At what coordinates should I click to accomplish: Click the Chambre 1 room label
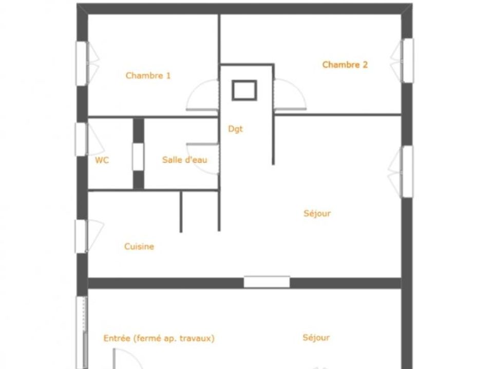click(148, 76)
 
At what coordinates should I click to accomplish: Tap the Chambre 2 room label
click(345, 65)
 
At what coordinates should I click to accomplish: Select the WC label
click(102, 160)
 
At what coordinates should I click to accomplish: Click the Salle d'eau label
click(184, 160)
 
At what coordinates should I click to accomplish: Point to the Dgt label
click(236, 129)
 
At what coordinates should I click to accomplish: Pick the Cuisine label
click(139, 247)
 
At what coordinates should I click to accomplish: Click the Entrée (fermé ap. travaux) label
click(159, 338)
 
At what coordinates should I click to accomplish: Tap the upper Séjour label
click(317, 214)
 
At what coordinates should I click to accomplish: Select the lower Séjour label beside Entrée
click(316, 338)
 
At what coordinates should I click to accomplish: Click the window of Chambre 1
click(82, 64)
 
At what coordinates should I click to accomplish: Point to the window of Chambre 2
click(408, 60)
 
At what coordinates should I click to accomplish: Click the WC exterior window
click(81, 139)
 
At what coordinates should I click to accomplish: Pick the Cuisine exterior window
click(81, 236)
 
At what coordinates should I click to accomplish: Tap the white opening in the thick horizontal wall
click(267, 282)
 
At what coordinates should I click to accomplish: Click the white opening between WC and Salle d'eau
click(138, 157)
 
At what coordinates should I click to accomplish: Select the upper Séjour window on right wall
click(408, 172)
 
